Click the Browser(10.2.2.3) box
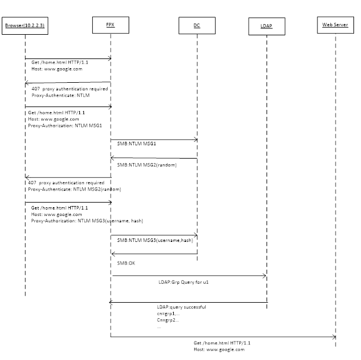pyautogui.click(x=25, y=26)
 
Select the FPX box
pyautogui.click(x=110, y=25)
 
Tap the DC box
pyautogui.click(x=197, y=26)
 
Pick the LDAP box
pyautogui.click(x=267, y=27)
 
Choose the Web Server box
pyautogui.click(x=335, y=26)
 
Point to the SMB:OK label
pyautogui.click(x=126, y=263)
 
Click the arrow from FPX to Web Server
pyautogui.click(x=223, y=336)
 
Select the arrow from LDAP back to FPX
pyautogui.click(x=188, y=302)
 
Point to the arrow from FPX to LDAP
pyautogui.click(x=188, y=275)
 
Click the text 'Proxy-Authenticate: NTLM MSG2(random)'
pyautogui.click(x=74, y=189)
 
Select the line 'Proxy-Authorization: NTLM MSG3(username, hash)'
pyautogui.click(x=87, y=221)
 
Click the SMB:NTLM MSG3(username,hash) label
pyautogui.click(x=155, y=240)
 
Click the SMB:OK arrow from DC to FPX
pyautogui.click(x=154, y=254)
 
